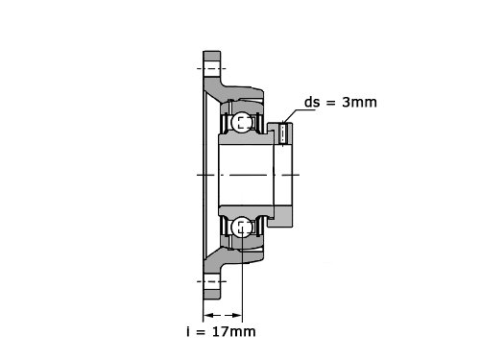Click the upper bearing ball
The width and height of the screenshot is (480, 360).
242,122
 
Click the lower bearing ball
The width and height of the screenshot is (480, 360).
242,227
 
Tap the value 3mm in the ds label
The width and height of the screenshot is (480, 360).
359,102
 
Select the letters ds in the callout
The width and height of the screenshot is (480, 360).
312,102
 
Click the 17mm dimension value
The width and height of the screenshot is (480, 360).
234,331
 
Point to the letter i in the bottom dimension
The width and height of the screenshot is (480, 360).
188,331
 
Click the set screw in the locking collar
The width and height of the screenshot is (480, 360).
283,133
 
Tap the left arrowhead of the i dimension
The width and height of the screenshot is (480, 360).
207,316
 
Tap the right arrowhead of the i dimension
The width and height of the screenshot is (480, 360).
238,316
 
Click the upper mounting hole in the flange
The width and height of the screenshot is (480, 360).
212,68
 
